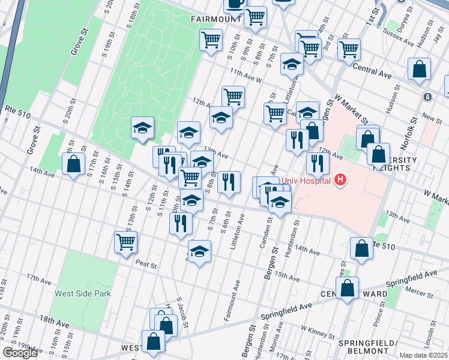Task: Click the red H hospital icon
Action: pos(341,179)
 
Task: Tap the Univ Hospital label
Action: pos(307,179)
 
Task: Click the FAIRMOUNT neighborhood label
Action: pos(216,19)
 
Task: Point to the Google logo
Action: pos(20,353)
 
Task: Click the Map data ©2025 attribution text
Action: pos(423,355)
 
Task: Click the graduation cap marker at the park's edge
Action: pos(143,127)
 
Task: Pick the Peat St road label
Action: pos(146,264)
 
